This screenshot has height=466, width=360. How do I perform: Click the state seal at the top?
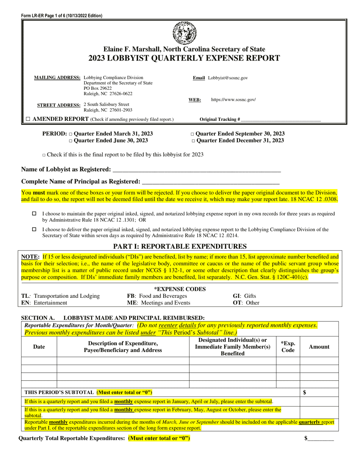pos(184,33)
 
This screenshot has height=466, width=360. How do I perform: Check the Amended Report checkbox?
pos(28,119)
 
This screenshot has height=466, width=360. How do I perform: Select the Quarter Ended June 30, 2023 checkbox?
pos(70,141)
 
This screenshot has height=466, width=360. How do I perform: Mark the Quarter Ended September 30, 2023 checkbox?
pos(193,134)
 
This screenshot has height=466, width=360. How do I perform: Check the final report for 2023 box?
pos(44,155)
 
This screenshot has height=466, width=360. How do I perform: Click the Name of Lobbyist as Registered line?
pos(197,170)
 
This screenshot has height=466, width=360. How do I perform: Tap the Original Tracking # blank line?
pos(280,120)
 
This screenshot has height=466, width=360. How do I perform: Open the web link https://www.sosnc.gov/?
pos(233,100)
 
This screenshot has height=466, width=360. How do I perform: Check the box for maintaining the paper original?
pos(34,214)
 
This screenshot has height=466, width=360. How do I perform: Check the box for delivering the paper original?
pos(34,229)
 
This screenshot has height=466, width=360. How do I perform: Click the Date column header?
pos(39,347)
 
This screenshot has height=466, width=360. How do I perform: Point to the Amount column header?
pos(319,347)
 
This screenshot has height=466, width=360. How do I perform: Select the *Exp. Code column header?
pos(288,347)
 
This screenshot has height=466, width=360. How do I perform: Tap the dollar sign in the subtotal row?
pos(305,393)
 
